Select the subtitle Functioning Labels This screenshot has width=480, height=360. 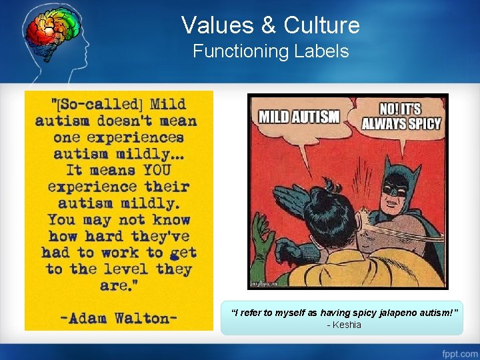(x=271, y=51)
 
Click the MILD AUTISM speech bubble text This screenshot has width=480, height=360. (x=299, y=117)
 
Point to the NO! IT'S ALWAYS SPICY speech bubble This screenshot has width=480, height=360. (x=401, y=116)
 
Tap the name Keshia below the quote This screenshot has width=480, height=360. (x=347, y=325)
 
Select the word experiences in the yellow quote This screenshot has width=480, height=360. (x=140, y=137)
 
